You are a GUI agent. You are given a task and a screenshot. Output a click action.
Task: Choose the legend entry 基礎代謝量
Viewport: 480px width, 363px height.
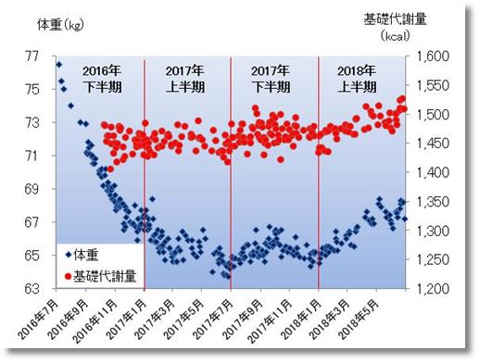tap(102, 273)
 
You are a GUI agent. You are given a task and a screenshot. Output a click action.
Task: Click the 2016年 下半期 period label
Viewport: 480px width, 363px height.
tap(101, 79)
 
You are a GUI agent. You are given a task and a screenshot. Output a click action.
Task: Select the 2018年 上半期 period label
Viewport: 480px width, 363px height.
tap(356, 79)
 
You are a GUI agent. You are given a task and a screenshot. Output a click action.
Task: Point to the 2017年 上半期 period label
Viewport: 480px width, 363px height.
tap(186, 79)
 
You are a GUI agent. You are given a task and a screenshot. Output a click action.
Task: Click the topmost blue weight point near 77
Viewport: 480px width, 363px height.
tap(59, 64)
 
